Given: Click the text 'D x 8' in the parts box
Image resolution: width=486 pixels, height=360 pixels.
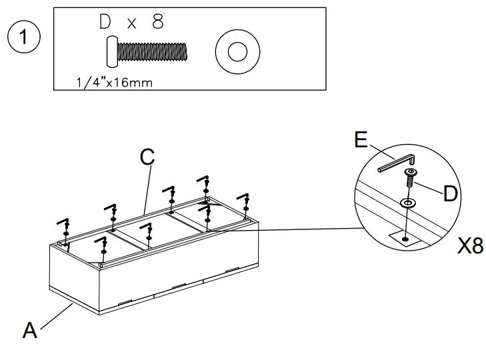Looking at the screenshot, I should tap(131, 22).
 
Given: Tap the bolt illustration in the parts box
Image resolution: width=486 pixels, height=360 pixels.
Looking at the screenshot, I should tap(146, 51).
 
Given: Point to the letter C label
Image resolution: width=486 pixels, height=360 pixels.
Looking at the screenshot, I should tap(147, 157).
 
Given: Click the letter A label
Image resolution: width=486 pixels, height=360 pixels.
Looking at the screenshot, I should tap(30, 329).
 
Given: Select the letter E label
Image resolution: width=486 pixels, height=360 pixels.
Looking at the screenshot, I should tap(360, 139).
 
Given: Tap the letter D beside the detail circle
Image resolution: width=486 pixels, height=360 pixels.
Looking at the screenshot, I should tap(451, 194).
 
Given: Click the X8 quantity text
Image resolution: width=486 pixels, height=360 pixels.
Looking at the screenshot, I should tap(469, 246).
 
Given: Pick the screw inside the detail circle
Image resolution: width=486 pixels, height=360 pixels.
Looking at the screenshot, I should tap(409, 179).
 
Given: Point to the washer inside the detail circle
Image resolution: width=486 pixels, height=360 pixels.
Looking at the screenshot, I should tap(406, 202).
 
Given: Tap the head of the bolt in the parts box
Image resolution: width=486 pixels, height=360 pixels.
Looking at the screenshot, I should tap(111, 51).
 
